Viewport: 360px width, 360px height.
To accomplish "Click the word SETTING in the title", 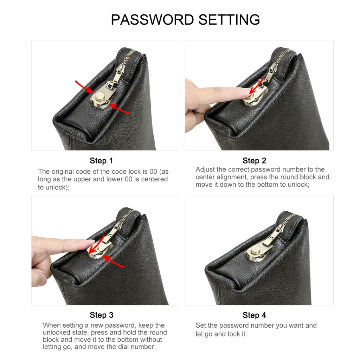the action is tap(229, 20).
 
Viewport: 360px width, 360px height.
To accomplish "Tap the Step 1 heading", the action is tap(101, 161).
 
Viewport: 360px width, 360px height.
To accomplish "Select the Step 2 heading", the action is tap(254, 161).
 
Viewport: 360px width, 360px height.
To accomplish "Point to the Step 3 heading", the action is tap(102, 315).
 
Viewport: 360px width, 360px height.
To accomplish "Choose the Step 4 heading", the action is tap(254, 315).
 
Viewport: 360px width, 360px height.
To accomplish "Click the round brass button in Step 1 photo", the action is tap(100, 95).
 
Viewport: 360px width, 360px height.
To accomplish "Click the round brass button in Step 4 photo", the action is tap(255, 251).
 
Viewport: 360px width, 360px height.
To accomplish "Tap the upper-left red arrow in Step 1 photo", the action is tap(84, 87).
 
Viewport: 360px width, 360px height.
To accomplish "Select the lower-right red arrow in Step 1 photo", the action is tap(119, 109).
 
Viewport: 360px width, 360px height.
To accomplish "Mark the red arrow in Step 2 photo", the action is tap(256, 87).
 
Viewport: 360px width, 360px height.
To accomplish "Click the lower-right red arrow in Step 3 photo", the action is tap(114, 262).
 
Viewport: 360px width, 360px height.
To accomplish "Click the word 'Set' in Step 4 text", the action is tap(201, 325).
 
